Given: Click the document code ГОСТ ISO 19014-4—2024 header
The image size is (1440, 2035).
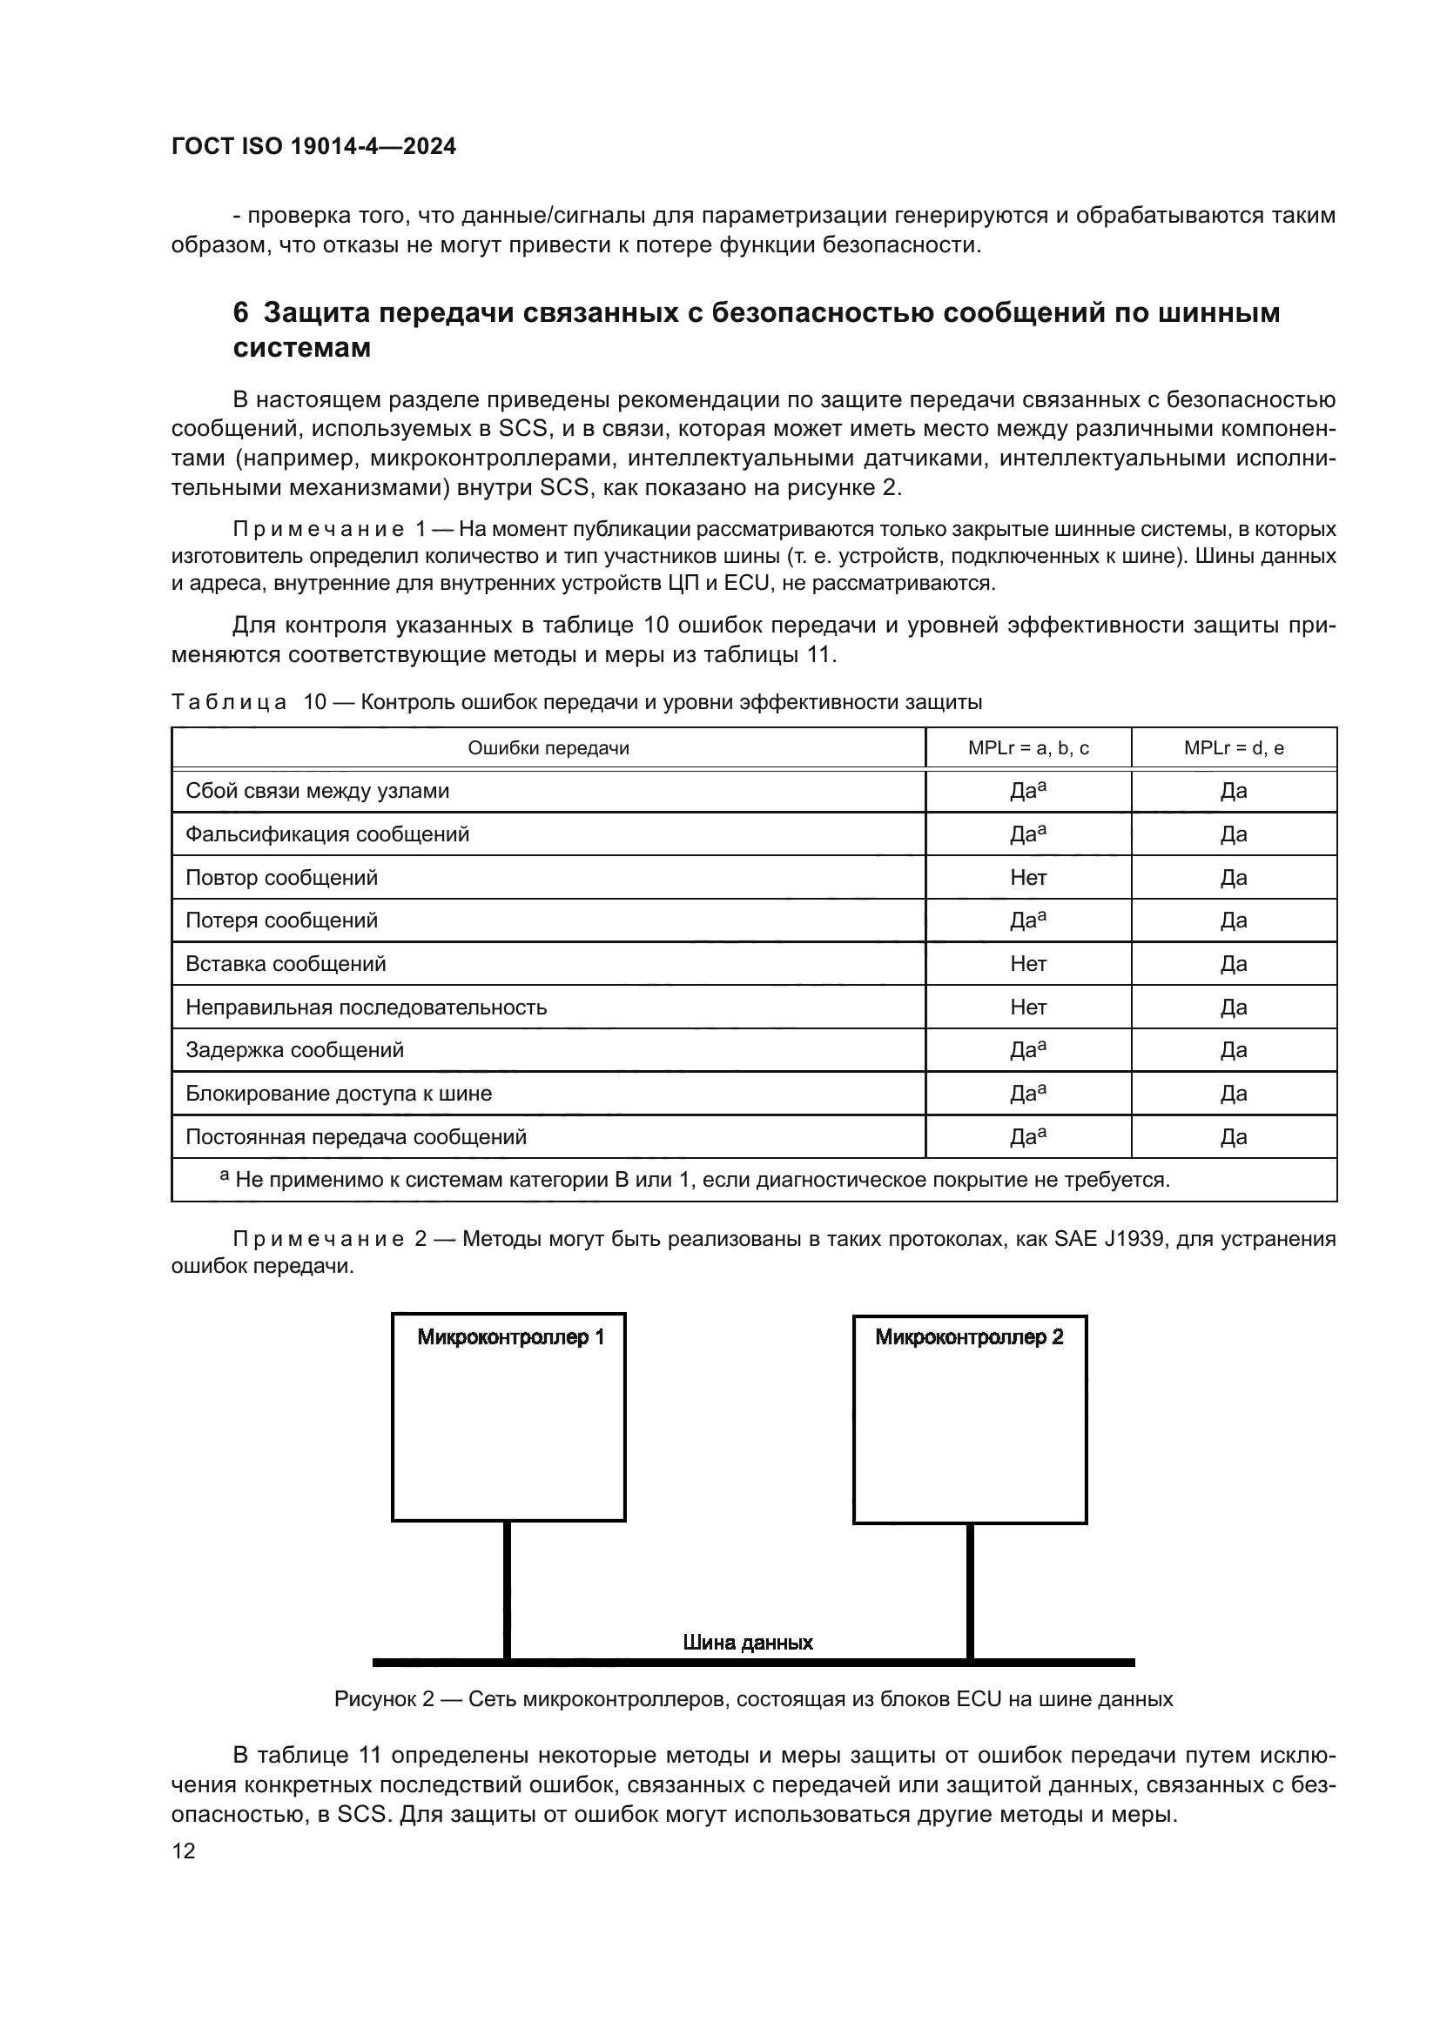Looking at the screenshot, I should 313,146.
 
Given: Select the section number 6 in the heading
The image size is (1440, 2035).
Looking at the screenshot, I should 240,313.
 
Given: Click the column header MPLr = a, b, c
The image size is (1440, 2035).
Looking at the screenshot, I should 1027,748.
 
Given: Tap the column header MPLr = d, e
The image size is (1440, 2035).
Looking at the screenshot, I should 1234,748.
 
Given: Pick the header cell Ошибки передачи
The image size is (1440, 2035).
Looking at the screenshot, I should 548,748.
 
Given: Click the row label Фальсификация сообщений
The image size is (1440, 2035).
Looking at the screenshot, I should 327,834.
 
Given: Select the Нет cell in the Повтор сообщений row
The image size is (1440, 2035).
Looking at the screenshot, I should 1027,878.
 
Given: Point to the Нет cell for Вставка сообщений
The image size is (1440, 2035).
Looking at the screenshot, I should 1027,963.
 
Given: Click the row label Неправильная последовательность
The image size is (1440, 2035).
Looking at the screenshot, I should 367,1007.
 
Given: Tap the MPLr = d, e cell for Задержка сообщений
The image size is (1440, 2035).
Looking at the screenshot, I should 1234,1050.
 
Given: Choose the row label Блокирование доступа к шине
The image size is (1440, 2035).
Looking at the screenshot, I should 339,1094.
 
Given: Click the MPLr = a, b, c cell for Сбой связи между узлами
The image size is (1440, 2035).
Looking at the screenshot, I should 1027,791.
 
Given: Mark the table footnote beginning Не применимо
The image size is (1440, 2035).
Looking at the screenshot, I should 696,1180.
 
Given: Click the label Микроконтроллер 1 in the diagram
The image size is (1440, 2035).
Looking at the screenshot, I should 511,1337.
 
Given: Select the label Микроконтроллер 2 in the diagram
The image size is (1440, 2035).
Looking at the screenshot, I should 969,1337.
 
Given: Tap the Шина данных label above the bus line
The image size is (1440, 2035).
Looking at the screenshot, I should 748,1643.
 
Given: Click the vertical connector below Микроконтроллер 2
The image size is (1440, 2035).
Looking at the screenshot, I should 970,1591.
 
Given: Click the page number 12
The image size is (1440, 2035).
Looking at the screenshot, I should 184,1851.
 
